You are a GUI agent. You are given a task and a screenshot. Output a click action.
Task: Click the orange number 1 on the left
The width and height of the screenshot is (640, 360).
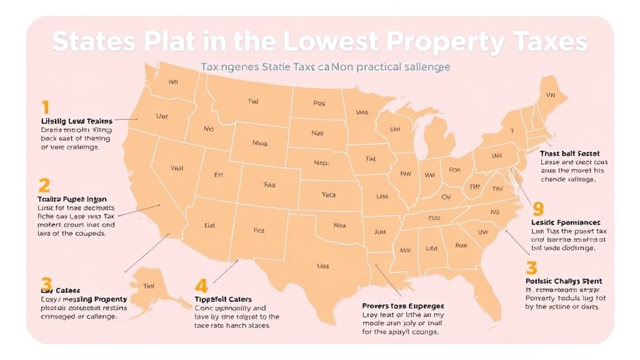pyautogui.click(x=45, y=106)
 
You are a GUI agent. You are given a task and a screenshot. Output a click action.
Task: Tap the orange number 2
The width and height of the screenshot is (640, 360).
pyautogui.click(x=44, y=185)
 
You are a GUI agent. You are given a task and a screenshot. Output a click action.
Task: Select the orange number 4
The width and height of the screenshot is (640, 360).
pyautogui.click(x=201, y=286)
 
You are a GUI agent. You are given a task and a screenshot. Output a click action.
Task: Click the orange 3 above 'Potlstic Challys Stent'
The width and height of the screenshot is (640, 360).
pyautogui.click(x=531, y=269)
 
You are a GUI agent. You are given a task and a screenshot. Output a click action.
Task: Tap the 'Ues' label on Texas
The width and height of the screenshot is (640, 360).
pyautogui.click(x=323, y=266)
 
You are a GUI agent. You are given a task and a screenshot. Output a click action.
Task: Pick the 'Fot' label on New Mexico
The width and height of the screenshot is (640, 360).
pyautogui.click(x=259, y=231)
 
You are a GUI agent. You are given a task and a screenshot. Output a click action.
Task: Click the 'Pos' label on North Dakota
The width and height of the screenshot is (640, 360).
pyautogui.click(x=319, y=104)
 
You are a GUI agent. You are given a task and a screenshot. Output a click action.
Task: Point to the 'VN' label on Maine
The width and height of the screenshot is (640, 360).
pyautogui.click(x=550, y=96)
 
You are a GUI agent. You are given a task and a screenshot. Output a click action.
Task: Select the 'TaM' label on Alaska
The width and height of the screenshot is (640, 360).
pyautogui.click(x=149, y=286)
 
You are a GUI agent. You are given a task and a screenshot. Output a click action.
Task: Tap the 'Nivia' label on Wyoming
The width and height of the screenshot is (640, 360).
pyautogui.click(x=259, y=143)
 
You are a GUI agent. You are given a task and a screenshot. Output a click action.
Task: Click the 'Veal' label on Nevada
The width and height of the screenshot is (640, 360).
pyautogui.click(x=177, y=168)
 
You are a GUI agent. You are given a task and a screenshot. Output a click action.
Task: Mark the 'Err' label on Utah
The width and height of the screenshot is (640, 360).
pyautogui.click(x=219, y=176)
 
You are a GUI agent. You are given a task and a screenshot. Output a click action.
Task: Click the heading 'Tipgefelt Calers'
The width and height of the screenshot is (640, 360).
pyautogui.click(x=223, y=299)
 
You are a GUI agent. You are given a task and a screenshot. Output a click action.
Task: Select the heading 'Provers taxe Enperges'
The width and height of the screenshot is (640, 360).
pyautogui.click(x=403, y=306)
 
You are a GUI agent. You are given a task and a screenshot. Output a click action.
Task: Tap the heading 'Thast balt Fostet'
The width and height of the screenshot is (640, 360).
pyautogui.click(x=569, y=153)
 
